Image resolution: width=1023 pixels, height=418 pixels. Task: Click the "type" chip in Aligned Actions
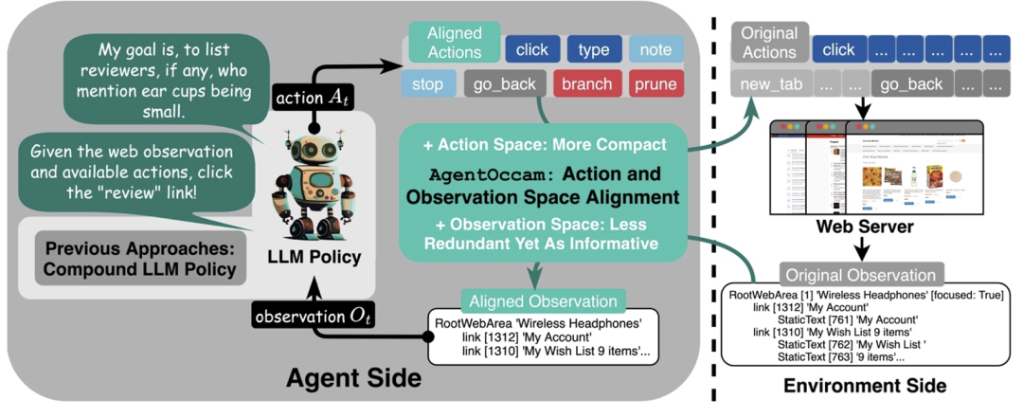point(594,49)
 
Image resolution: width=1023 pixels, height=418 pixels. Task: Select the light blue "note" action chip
point(655,49)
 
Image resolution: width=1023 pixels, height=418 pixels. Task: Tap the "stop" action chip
point(428,84)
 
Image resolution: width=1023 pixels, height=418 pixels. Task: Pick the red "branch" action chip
point(586,84)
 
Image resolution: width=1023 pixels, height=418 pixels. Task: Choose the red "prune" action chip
point(655,84)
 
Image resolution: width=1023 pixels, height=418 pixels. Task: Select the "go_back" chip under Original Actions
point(912,84)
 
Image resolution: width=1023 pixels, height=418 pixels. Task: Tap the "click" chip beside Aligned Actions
point(531,49)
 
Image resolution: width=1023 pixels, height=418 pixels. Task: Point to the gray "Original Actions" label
point(769,44)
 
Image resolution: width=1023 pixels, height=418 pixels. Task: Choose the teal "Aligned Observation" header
point(538,302)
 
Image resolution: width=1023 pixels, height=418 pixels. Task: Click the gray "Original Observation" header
point(861,274)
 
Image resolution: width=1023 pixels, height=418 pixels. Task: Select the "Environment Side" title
point(865,386)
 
